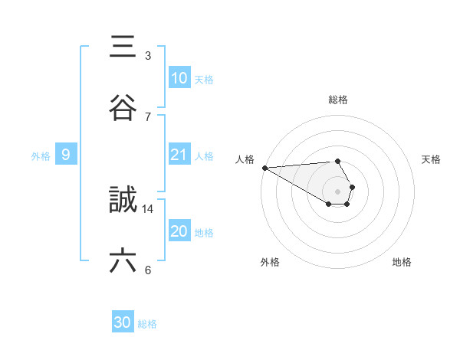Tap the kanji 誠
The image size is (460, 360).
coord(123,200)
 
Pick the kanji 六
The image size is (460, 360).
coord(123,261)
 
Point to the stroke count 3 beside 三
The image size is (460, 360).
coord(148,56)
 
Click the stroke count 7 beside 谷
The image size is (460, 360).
coord(148,117)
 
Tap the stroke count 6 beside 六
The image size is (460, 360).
coord(148,270)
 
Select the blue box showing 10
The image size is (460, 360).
coord(179,78)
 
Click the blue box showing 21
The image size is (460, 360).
coord(179,155)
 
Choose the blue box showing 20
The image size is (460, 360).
coord(179,231)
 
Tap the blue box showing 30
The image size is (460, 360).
coord(123,323)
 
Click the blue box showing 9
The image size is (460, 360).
coord(66,155)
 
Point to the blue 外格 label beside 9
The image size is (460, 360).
coord(41,156)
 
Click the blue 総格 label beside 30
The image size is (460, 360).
coord(147,324)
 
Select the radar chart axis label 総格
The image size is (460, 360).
coord(338,100)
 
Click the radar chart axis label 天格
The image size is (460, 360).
coord(432,159)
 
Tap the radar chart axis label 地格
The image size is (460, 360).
coord(402,262)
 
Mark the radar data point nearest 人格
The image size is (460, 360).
coord(264,168)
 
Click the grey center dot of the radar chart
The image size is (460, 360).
coord(338,191)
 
